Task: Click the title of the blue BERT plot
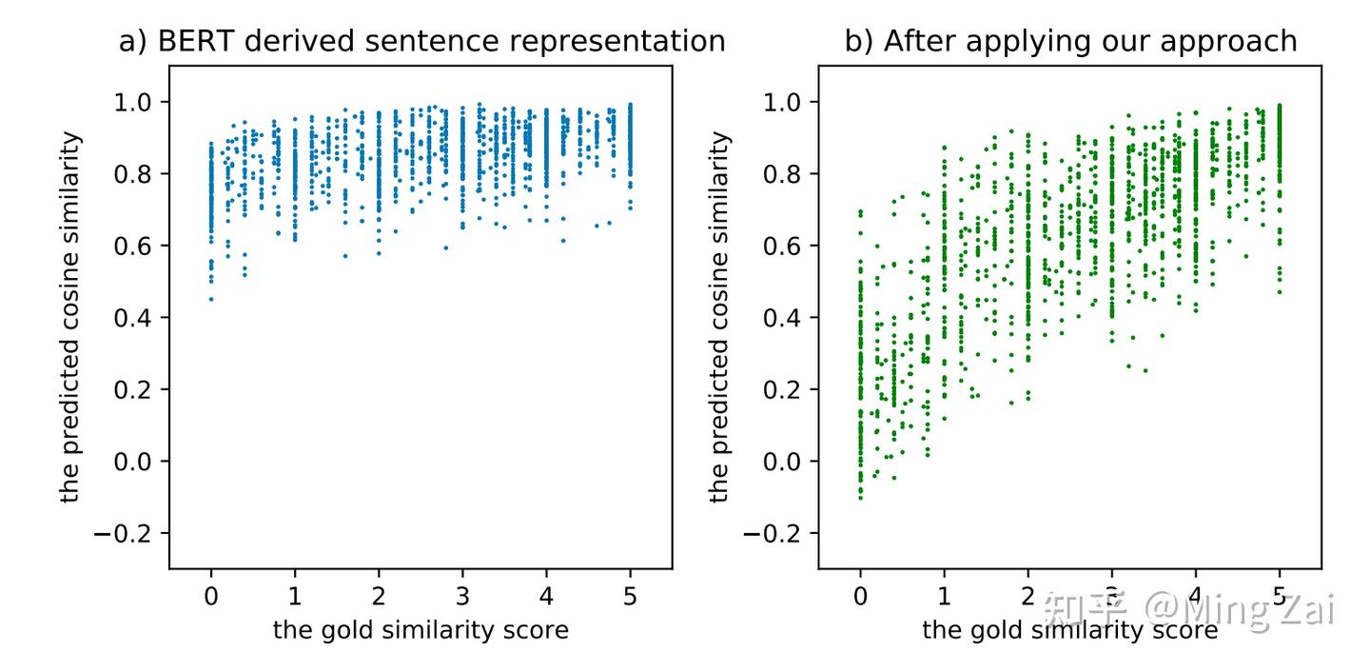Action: [421, 42]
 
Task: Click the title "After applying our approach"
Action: [1070, 42]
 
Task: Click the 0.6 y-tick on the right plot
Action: [786, 246]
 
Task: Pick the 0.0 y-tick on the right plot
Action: [786, 462]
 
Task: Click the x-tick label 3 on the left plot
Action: [462, 598]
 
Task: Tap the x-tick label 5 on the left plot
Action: [630, 598]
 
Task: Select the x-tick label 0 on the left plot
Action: [211, 598]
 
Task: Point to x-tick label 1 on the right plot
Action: [944, 598]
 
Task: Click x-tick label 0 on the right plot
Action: [860, 598]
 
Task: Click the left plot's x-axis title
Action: [421, 630]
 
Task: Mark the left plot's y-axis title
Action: [71, 317]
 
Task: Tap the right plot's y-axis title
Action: [720, 317]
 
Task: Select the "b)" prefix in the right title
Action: [858, 42]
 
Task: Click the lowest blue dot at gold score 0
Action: [211, 300]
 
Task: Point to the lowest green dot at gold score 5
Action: [1280, 291]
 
